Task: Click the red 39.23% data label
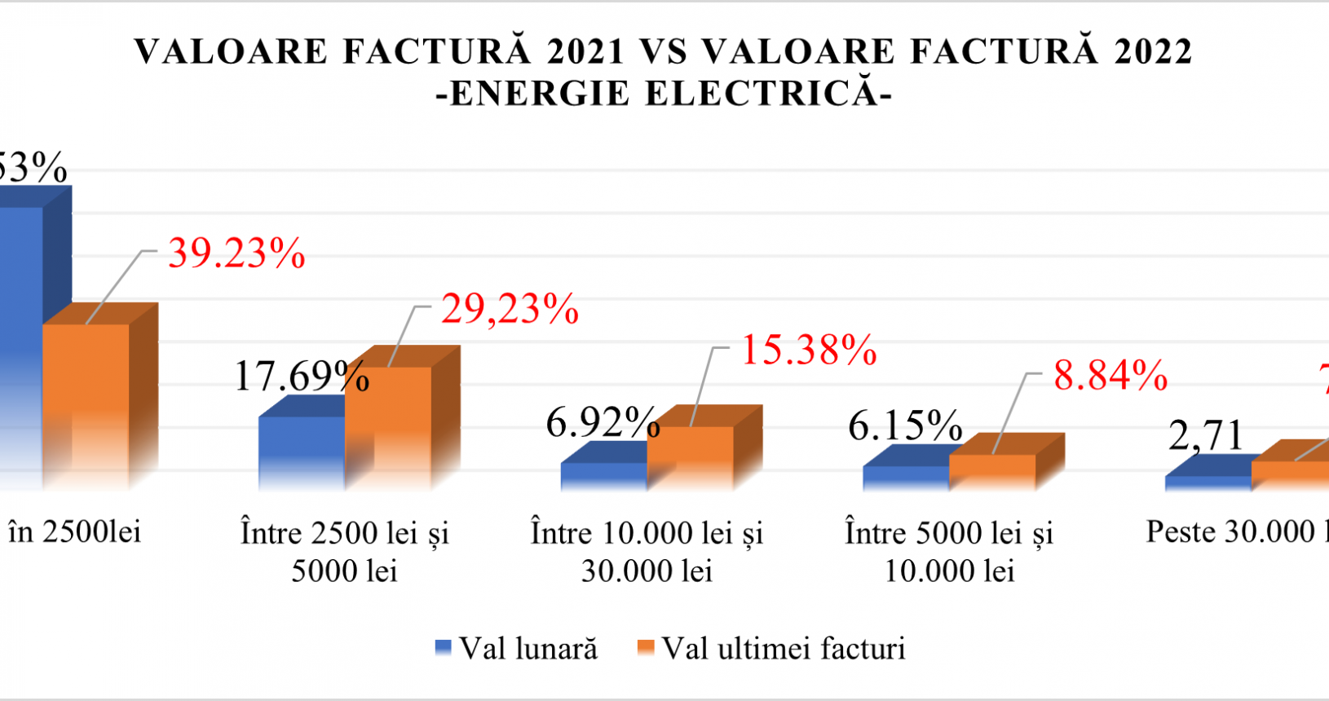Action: [x=236, y=254]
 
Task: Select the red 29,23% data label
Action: [x=510, y=310]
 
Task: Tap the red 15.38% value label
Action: [x=808, y=350]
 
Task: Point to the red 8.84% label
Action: [x=1110, y=376]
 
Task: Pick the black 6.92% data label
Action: [x=603, y=422]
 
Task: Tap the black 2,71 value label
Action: [x=1205, y=436]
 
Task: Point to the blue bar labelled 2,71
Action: [x=1208, y=483]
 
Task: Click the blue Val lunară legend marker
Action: [x=443, y=649]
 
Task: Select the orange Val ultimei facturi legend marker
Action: [x=645, y=649]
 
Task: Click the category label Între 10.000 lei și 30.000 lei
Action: [x=647, y=552]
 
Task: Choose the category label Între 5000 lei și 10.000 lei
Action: [x=949, y=552]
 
